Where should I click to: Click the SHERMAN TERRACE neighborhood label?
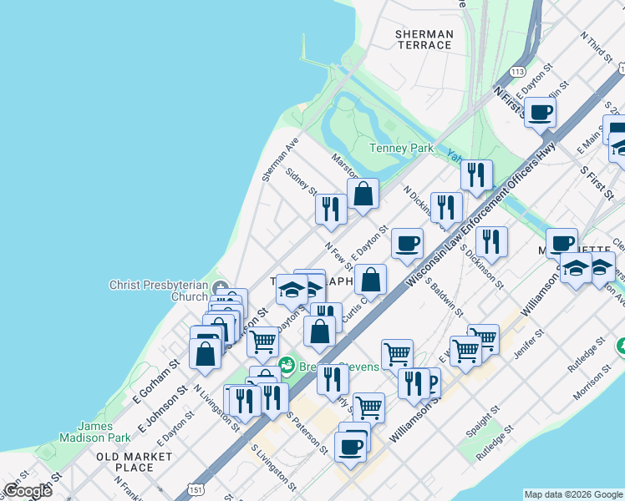click(x=424, y=39)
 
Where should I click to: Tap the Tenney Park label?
click(x=401, y=149)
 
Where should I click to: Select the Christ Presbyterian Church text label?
click(x=158, y=291)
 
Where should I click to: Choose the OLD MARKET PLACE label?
click(x=135, y=462)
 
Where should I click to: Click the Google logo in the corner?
click(x=27, y=491)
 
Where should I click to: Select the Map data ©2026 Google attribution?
click(x=572, y=494)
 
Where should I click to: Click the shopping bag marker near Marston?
click(x=363, y=194)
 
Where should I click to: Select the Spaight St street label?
click(x=484, y=423)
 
